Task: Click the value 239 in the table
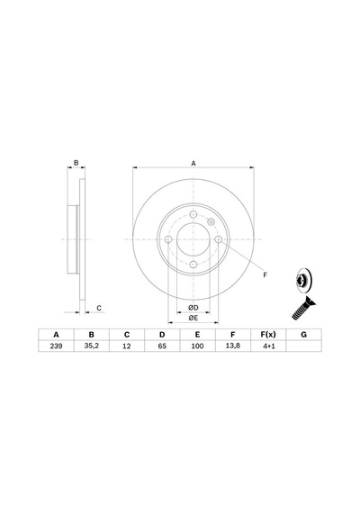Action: [x=56, y=346]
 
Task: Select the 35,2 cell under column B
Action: [x=91, y=346]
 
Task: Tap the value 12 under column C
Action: [x=127, y=346]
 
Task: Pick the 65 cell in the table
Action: [x=162, y=346]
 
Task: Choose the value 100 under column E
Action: [x=197, y=346]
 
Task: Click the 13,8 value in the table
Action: [x=233, y=346]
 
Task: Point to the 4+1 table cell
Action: [x=269, y=346]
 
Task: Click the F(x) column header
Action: [x=268, y=335]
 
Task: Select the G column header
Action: [x=303, y=335]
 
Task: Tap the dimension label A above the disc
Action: [x=193, y=163]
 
